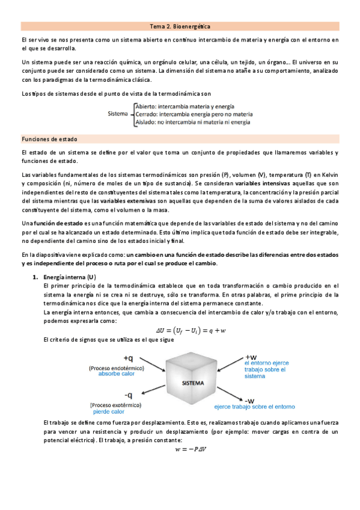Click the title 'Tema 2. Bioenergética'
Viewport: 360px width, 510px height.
click(180, 26)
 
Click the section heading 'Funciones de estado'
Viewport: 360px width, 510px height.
click(45, 138)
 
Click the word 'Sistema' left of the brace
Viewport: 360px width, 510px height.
click(117, 113)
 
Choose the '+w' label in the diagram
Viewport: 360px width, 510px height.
click(249, 356)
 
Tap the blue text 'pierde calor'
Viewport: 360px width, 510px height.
click(109, 412)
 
